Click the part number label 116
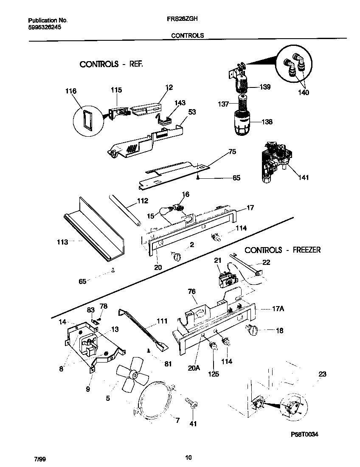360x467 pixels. click(x=71, y=91)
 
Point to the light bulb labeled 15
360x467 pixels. click(x=165, y=211)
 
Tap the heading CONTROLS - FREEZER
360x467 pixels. click(x=282, y=250)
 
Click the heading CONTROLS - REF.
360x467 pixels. click(x=111, y=65)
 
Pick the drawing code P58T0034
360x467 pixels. click(x=304, y=434)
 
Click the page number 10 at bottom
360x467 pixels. click(x=188, y=457)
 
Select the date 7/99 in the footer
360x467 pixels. click(x=39, y=460)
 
